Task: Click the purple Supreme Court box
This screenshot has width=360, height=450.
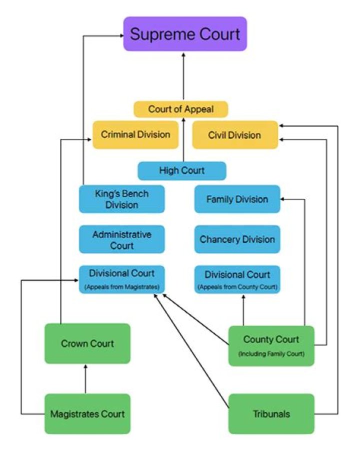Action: [x=185, y=34]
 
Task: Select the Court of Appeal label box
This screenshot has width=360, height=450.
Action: [x=180, y=109]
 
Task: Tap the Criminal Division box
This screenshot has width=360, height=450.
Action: [x=135, y=135]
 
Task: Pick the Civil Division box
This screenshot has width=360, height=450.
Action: [x=234, y=135]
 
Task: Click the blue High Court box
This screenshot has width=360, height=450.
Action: [x=182, y=171]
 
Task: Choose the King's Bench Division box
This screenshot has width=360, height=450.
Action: [x=121, y=199]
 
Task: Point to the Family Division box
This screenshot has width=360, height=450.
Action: [x=237, y=199]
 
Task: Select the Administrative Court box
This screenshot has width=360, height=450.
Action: [x=121, y=239]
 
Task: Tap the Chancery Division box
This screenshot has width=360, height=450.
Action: [x=237, y=239]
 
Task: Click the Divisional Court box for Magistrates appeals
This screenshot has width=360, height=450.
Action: [x=121, y=279]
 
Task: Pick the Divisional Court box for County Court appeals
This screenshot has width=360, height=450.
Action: [x=237, y=279]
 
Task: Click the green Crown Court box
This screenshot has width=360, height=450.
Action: [x=87, y=344]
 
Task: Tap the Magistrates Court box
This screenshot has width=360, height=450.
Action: [x=87, y=414]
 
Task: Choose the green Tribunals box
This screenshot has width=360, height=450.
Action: [x=271, y=414]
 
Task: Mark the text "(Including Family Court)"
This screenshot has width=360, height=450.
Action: [x=271, y=355]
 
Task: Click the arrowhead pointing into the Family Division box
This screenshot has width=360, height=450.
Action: [x=283, y=199]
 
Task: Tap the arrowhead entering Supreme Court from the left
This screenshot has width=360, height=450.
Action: [x=120, y=35]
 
